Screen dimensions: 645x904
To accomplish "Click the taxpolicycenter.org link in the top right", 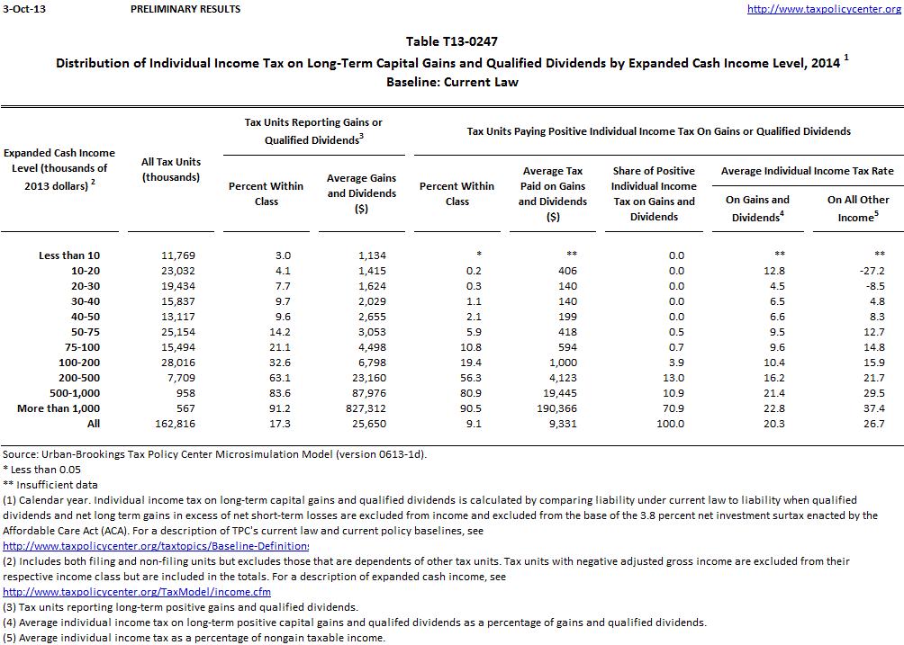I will point(824,9).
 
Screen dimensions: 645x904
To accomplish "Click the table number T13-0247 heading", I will point(452,41).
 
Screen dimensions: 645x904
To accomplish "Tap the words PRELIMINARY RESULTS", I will point(185,9).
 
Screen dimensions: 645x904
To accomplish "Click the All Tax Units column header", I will point(171,169).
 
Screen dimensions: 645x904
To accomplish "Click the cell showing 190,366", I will point(553,408).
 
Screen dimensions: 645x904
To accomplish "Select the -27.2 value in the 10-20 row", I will point(858,271).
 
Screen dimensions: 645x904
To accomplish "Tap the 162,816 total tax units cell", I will point(171,424).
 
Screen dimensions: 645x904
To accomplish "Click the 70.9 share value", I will point(654,408).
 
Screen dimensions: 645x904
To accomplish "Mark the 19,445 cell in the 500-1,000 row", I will point(553,393).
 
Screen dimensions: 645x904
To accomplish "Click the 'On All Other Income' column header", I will point(858,208).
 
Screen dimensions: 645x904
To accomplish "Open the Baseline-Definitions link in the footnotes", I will point(156,546).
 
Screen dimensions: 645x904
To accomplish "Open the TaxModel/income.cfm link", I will point(137,592).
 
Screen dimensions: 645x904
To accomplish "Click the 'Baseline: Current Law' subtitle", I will point(452,82).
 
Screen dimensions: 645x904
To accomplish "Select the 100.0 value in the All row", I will point(654,424).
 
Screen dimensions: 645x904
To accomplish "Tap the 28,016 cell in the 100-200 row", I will point(171,363).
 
